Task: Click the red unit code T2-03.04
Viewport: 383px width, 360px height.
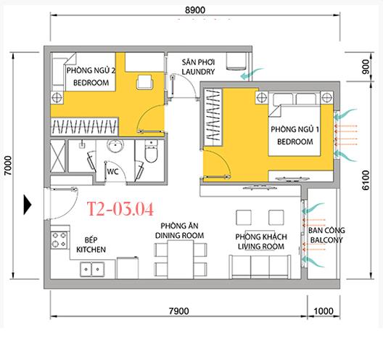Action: pyautogui.click(x=120, y=209)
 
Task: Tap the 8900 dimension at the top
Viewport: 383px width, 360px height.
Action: pyautogui.click(x=195, y=10)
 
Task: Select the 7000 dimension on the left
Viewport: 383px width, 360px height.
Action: pyautogui.click(x=8, y=165)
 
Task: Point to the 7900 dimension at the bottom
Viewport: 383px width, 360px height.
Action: pyautogui.click(x=178, y=311)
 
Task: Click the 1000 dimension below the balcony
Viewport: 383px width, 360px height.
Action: pyautogui.click(x=324, y=311)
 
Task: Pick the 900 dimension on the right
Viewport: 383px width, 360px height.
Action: pyautogui.click(x=366, y=67)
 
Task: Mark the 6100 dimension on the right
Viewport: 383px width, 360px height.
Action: pyautogui.click(x=366, y=180)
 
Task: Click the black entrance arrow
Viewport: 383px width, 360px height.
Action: pyautogui.click(x=28, y=205)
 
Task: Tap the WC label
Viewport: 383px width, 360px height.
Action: pyautogui.click(x=112, y=172)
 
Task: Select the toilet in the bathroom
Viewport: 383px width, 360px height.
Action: pyautogui.click(x=151, y=151)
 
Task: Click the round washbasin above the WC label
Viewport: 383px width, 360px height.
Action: pyautogui.click(x=115, y=146)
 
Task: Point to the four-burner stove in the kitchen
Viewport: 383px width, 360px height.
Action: pyautogui.click(x=59, y=240)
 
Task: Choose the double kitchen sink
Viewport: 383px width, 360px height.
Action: pyautogui.click(x=92, y=269)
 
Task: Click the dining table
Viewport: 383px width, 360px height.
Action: pyautogui.click(x=181, y=260)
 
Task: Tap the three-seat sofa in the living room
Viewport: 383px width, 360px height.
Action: pyautogui.click(x=260, y=267)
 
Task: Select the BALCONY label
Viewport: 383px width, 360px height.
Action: pyautogui.click(x=326, y=240)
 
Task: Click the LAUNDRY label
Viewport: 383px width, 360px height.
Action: pyautogui.click(x=198, y=72)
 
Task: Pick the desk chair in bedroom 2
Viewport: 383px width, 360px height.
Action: pyautogui.click(x=144, y=82)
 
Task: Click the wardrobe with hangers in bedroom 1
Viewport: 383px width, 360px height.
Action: pyautogui.click(x=213, y=118)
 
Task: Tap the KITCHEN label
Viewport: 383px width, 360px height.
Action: pyautogui.click(x=91, y=250)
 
